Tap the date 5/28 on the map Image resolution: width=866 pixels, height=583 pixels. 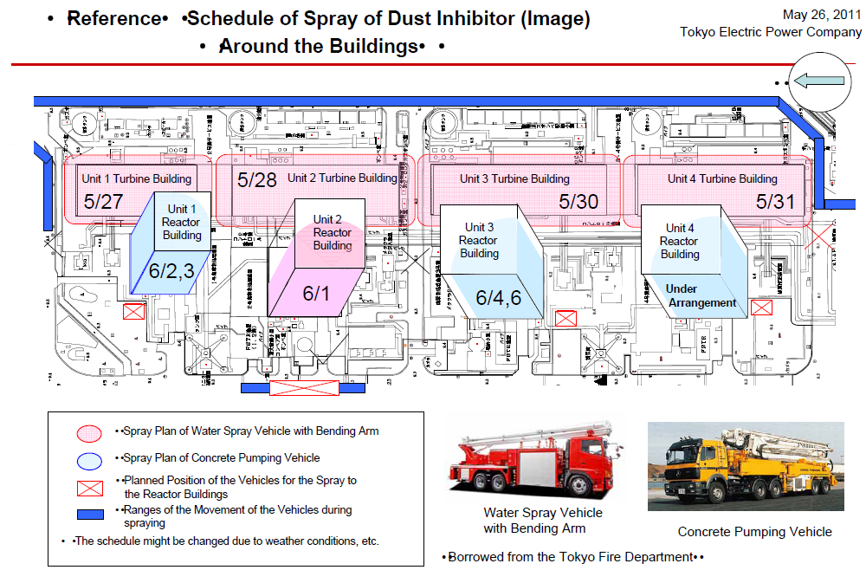coord(256,180)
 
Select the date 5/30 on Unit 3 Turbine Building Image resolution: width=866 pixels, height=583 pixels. coord(578,202)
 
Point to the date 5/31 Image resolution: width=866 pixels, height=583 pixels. coord(775,202)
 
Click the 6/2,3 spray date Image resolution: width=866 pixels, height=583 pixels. coord(172,269)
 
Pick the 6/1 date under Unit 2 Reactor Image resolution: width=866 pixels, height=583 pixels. coord(316,293)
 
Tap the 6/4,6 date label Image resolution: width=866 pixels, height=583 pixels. coord(498,298)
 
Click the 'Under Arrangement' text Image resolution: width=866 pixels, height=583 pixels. coord(701,295)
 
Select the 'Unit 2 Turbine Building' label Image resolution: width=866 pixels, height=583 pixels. coord(342,178)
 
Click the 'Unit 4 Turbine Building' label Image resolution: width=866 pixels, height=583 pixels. coord(722,178)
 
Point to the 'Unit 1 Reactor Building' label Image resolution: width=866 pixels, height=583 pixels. coord(182,222)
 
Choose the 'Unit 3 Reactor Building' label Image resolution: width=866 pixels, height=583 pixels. coord(479,241)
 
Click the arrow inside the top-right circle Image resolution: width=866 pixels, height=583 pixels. coord(818,81)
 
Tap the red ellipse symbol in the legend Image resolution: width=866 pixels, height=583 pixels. coord(90,431)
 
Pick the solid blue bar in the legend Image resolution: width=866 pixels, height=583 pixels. coord(90,515)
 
